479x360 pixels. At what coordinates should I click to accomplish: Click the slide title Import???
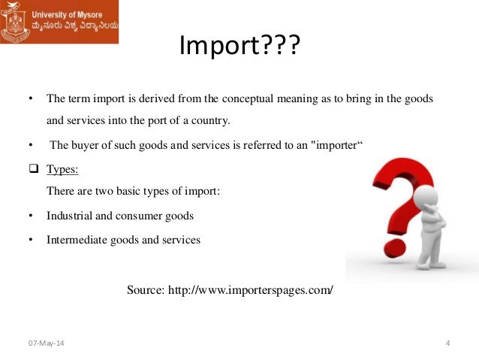click(x=239, y=48)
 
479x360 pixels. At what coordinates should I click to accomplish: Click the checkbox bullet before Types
click(x=32, y=169)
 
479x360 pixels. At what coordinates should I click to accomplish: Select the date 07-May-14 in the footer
click(x=46, y=344)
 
